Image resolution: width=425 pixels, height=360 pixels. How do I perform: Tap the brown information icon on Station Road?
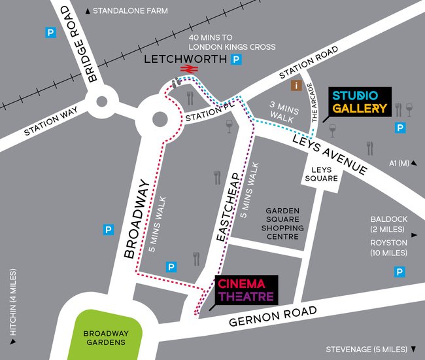[x=297, y=84]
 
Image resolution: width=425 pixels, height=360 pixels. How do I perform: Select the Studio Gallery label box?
[x=359, y=101]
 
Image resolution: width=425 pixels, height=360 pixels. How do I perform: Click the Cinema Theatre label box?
[x=246, y=290]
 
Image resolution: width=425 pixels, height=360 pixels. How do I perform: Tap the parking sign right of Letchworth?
[x=237, y=60]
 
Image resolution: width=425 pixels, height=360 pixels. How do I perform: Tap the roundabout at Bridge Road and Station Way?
[x=101, y=101]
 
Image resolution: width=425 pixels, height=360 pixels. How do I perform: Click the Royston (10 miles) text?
[x=388, y=247]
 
